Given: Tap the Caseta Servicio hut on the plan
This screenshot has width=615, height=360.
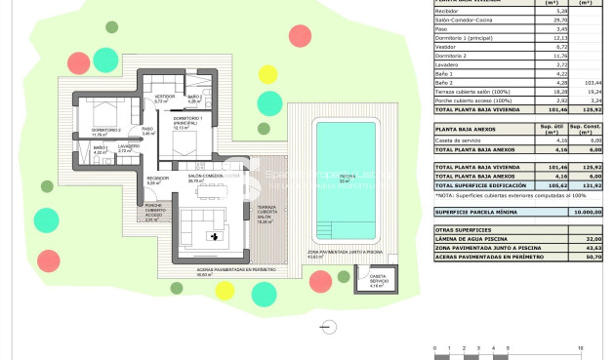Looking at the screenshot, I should (377, 280).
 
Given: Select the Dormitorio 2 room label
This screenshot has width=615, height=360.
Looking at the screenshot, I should (105, 132).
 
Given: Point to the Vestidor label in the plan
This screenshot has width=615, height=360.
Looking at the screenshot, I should (163, 100).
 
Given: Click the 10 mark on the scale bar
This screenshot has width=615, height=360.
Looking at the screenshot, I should (581, 347).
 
